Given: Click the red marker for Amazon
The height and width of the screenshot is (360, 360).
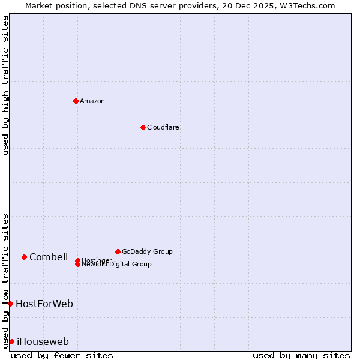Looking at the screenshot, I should pos(76,101).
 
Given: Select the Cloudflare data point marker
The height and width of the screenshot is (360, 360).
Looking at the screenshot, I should pos(143,127).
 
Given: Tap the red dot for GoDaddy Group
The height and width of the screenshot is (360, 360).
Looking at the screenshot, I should pos(118,251).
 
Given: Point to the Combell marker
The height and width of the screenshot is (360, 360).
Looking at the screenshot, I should pos(24,257).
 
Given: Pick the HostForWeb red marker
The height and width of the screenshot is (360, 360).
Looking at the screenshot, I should pos(10,304).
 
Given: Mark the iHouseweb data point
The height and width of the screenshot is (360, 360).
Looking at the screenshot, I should pos(11,341).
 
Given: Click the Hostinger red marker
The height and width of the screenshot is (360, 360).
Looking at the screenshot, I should pos(77,260).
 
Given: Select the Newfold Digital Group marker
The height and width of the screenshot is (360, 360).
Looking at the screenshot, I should pos(77,265).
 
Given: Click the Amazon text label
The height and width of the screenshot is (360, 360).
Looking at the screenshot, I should pos(92,101).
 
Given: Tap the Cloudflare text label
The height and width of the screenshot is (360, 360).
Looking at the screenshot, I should pos(163,127).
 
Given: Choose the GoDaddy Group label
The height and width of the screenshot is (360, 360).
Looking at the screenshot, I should pos(147,251).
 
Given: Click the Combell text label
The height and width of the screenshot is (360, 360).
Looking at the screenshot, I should pos(49,257).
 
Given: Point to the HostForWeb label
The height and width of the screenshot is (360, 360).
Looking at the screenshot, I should pos(44,304).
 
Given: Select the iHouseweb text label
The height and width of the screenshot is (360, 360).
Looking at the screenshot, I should pos(43,341).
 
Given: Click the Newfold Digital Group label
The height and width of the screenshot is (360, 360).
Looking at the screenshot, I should pos(116,265).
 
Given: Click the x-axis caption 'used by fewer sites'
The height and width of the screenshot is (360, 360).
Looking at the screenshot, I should pos(62,355).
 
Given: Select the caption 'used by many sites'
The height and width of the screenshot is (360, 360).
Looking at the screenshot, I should pos(301,355).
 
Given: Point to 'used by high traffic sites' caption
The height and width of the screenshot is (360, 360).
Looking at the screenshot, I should pos(5,85).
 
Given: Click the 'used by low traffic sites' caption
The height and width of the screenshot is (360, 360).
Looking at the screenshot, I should pos(5,280).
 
